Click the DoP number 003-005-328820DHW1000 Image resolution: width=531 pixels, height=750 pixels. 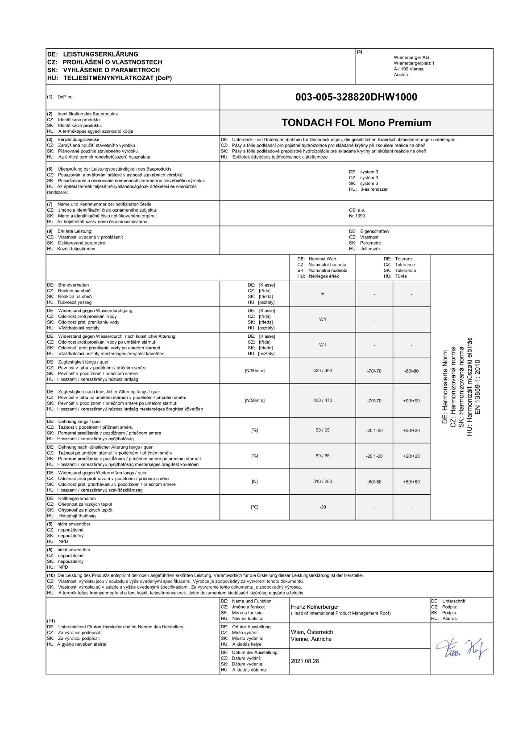356,97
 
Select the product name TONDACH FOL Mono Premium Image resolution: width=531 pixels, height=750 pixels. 356,123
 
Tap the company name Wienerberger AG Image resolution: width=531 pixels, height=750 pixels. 411,57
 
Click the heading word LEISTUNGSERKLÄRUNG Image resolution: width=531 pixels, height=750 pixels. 100,54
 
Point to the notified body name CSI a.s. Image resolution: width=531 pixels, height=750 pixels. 357,210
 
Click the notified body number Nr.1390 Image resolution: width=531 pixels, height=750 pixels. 357,216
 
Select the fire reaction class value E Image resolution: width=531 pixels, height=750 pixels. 323,294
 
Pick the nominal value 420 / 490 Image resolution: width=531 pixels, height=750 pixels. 323,371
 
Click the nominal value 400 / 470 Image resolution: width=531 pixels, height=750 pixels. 323,400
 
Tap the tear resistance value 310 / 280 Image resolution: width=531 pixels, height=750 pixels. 323,481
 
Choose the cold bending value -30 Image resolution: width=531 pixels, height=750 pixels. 323,507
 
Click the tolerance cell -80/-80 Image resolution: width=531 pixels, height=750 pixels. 411,371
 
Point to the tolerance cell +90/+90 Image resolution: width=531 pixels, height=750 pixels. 411,401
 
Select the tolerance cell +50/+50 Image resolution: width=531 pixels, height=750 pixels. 411,482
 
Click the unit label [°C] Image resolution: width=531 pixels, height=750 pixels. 255,507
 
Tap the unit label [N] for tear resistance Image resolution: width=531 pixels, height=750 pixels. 255,481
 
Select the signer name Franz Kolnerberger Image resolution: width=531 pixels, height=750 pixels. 315,607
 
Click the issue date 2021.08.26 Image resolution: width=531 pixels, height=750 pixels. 305,661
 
